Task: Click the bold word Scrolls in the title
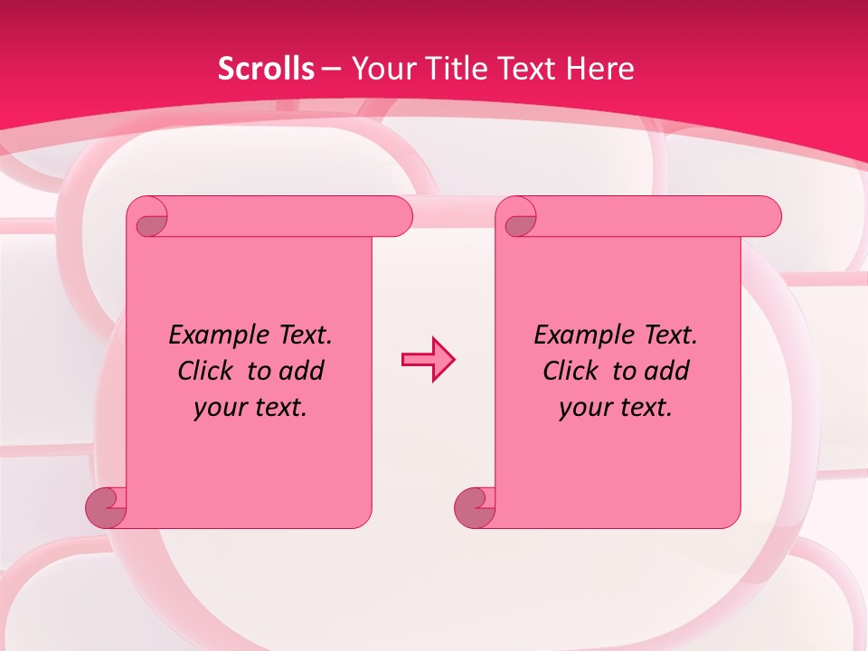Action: tap(267, 69)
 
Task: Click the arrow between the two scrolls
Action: tap(428, 359)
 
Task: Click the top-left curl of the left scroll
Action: tap(150, 218)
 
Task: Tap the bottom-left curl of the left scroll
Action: tap(106, 507)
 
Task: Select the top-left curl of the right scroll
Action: tap(519, 218)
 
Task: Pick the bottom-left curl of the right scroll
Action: tap(475, 507)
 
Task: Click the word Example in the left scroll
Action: tap(214, 335)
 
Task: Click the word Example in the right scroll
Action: tap(580, 335)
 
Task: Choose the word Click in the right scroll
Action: tap(571, 371)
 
